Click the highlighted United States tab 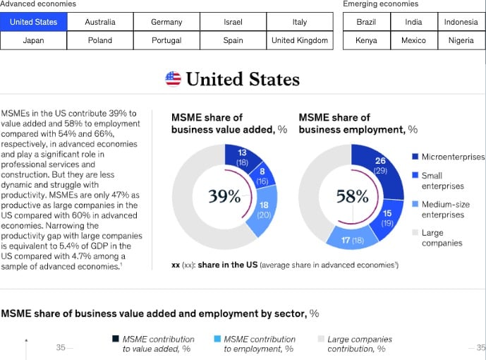34,22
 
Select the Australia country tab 100,22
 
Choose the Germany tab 166,22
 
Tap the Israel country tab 233,22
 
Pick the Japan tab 34,40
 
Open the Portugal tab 166,40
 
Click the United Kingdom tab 300,40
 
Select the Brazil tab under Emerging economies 366,22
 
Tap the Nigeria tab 461,40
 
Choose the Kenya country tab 366,40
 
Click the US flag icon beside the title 173,78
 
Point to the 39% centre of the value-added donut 224,196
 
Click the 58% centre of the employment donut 352,196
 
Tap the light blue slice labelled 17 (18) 352,240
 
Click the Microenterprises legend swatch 415,157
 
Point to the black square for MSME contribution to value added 116,340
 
